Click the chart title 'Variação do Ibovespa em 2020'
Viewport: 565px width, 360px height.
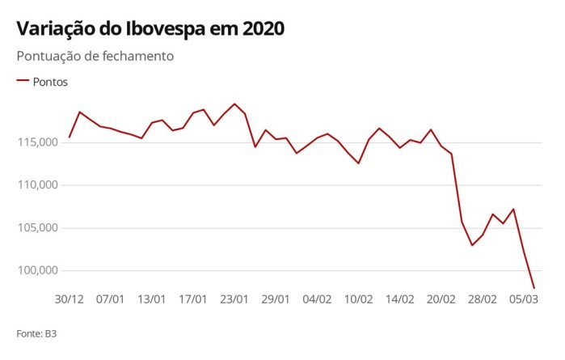150,28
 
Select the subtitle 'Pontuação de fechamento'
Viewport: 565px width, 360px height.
95,57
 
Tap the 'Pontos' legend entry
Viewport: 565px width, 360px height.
50,83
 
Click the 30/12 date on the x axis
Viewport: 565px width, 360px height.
69,299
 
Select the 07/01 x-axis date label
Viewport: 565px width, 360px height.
111,299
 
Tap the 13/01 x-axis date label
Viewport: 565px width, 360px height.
152,299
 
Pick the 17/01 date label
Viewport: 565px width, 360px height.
193,299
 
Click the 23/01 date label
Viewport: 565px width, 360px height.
234,299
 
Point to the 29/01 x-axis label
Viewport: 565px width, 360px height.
276,299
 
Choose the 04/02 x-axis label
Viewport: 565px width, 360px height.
317,299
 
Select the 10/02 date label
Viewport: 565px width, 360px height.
358,299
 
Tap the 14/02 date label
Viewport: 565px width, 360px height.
400,299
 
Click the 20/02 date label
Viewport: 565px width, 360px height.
441,299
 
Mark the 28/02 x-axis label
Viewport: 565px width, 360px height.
483,299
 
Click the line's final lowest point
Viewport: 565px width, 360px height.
534,288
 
